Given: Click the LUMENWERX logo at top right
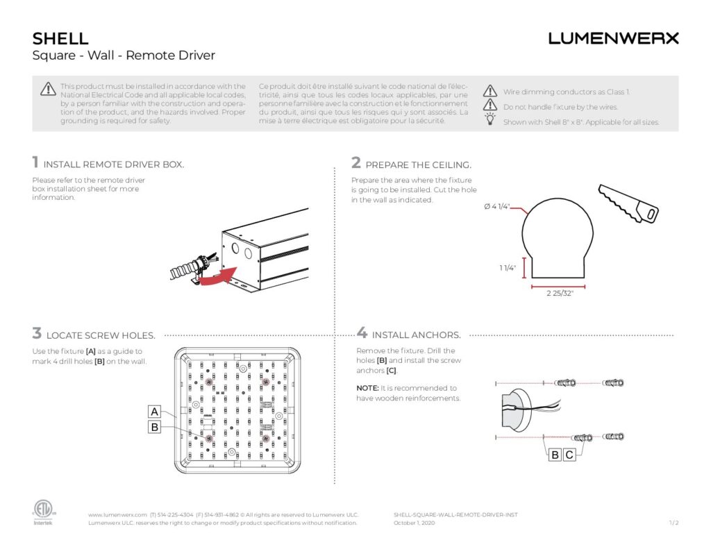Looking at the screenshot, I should [x=613, y=38].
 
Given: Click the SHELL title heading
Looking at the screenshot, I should [x=60, y=38].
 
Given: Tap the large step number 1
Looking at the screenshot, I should [x=35, y=163].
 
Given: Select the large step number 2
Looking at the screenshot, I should [x=356, y=163].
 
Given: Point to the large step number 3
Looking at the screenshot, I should [x=36, y=334].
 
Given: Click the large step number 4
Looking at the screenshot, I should [x=362, y=334].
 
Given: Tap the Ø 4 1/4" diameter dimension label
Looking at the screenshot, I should [x=498, y=207].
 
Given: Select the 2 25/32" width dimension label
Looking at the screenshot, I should [x=559, y=294].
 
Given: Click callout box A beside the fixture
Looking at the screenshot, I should [x=155, y=412].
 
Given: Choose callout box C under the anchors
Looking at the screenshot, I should [x=569, y=455].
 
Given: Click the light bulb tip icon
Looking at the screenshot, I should [x=490, y=121].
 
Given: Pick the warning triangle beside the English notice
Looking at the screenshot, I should [x=47, y=89].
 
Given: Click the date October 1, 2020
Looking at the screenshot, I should [x=414, y=523].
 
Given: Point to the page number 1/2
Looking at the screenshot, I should [x=674, y=523].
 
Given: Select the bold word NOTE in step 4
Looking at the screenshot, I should [x=367, y=388].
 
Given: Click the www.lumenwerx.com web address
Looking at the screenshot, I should [x=117, y=515].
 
